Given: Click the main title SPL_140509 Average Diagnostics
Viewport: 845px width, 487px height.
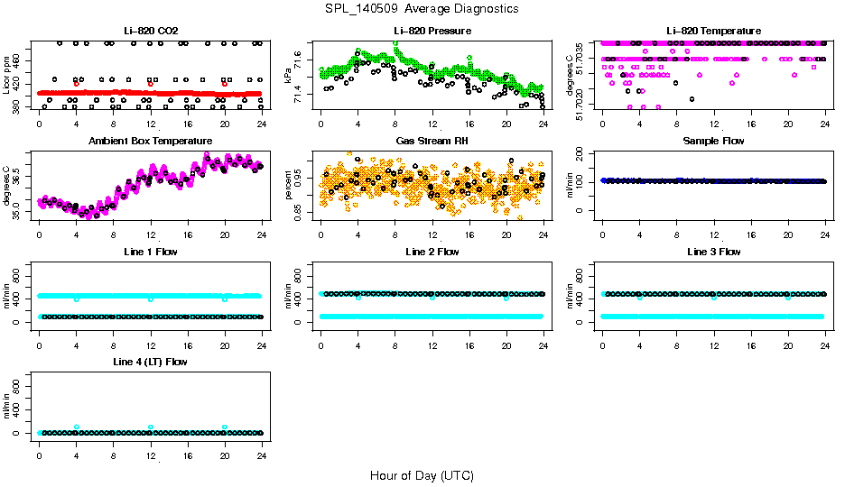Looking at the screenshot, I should tap(422, 8).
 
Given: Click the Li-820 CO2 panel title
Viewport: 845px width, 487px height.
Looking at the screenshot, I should tap(150, 32).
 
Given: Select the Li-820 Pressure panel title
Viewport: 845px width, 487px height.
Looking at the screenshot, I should tap(432, 32).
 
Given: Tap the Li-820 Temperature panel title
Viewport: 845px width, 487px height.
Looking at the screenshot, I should tap(713, 32).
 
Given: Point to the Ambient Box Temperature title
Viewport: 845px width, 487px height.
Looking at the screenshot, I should tap(150, 142).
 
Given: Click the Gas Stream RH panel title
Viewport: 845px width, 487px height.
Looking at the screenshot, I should tap(432, 142).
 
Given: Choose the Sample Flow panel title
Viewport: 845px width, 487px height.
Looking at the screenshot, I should tap(713, 142).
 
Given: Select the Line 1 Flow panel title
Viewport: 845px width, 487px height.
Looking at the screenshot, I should tap(150, 252).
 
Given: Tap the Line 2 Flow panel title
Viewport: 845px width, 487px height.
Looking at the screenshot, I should tap(432, 252).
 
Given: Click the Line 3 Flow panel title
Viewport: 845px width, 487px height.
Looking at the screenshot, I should tap(713, 252).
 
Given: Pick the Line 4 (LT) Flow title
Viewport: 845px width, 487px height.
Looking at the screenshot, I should tap(150, 362).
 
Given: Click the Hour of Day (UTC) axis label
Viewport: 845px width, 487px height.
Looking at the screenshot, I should tap(422, 475).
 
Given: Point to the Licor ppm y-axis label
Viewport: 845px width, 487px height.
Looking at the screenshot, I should tap(7, 75).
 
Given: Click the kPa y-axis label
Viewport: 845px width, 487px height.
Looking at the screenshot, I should tap(289, 75).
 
